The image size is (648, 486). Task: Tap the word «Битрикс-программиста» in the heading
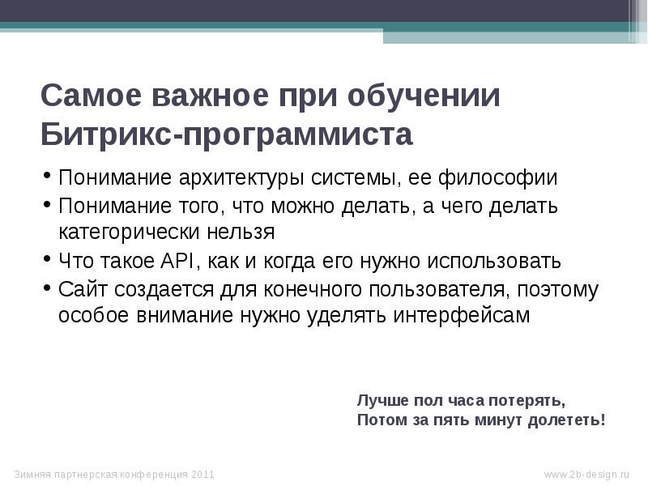pos(227,134)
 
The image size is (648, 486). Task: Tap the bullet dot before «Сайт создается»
pos(48,288)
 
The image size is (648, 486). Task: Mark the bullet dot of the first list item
pos(48,176)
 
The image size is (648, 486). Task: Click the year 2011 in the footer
pos(203,474)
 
